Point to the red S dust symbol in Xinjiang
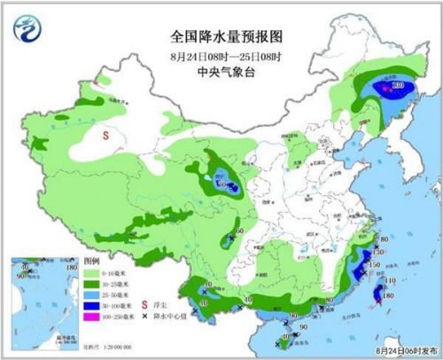[105, 136]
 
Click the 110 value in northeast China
[397, 86]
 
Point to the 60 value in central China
[240, 232]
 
